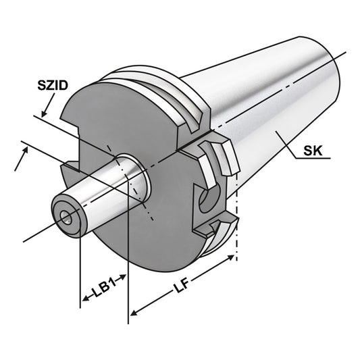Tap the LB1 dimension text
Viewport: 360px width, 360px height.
pyautogui.click(x=103, y=288)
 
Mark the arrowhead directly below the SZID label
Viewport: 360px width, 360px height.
pyautogui.click(x=45, y=111)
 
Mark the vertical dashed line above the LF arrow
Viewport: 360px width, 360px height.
pyautogui.click(x=237, y=223)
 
